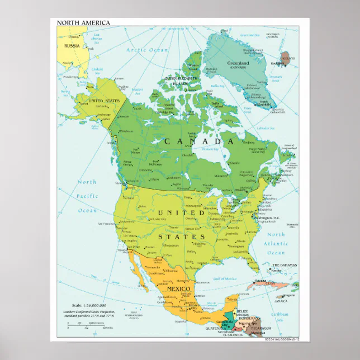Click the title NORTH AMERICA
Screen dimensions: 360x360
(83, 23)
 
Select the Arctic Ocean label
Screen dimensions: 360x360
(147, 50)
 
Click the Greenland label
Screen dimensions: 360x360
(238, 63)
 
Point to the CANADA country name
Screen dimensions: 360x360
(199, 142)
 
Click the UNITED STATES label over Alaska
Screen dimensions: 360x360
(104, 101)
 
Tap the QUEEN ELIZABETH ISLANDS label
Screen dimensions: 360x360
(180, 80)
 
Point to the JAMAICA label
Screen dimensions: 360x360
(281, 301)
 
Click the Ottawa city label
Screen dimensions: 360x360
(241, 190)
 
